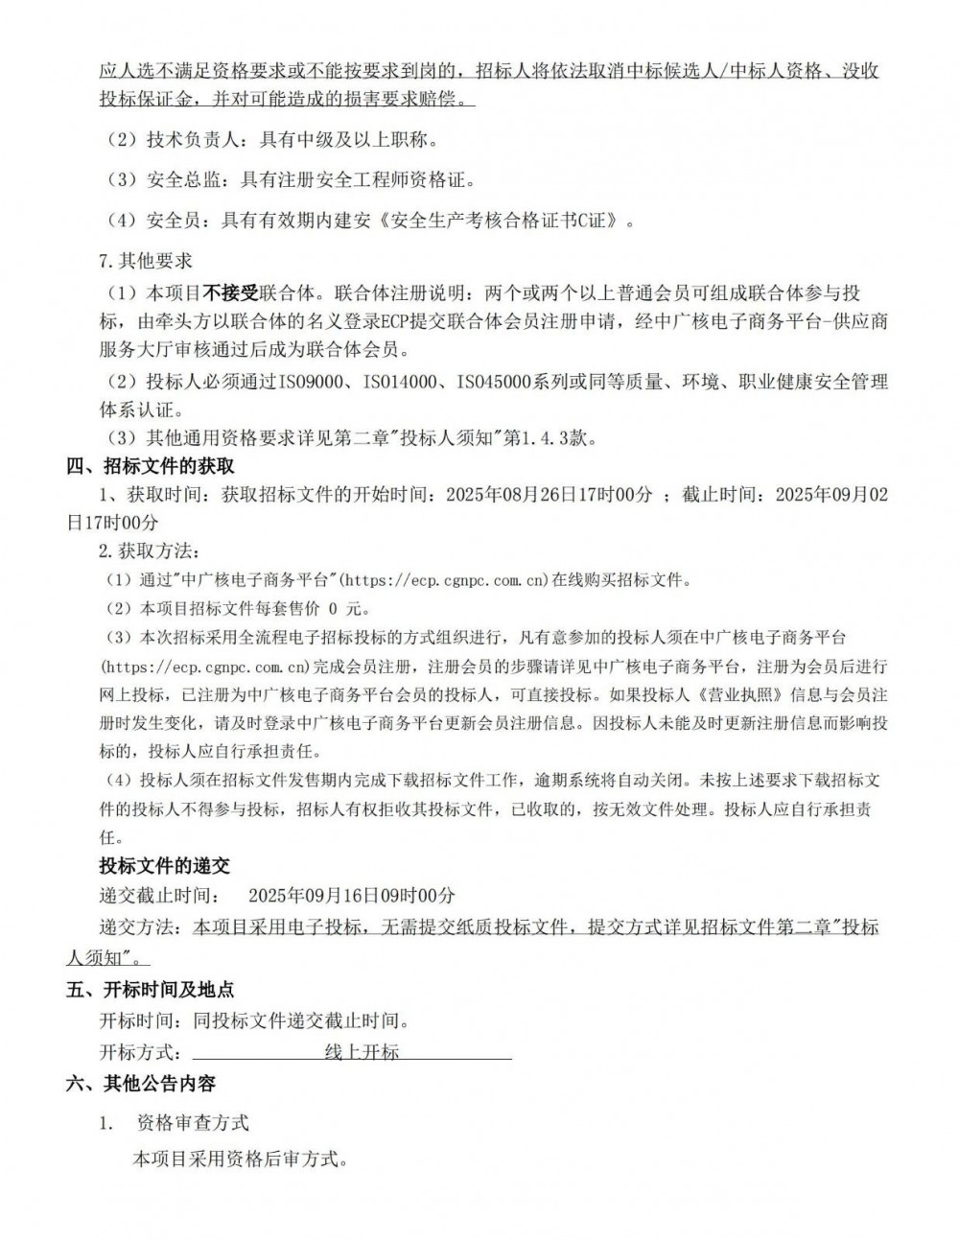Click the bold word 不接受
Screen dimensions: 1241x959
click(233, 293)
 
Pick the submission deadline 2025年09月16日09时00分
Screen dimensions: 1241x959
click(352, 895)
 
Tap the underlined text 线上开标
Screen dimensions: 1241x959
click(362, 1052)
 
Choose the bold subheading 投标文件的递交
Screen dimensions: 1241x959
click(165, 866)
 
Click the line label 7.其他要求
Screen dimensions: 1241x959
click(146, 261)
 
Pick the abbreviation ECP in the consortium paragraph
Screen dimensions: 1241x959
click(395, 321)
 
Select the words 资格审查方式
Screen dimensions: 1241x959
click(193, 1122)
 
